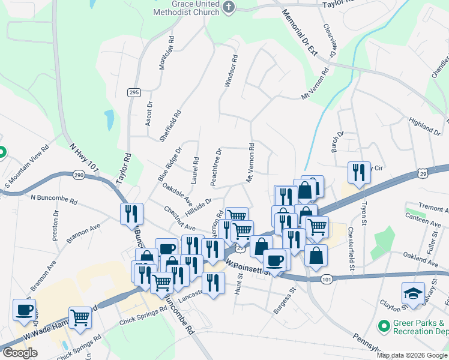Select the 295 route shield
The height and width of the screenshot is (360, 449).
pyautogui.click(x=134, y=92)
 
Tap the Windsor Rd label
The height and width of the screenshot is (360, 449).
pyautogui.click(x=231, y=72)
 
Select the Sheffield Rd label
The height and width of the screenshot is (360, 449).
pyautogui.click(x=170, y=125)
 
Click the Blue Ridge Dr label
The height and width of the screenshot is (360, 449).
pyautogui.click(x=169, y=165)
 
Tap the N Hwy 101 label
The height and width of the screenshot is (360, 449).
pyautogui.click(x=83, y=156)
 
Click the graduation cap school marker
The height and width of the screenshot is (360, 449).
pyautogui.click(x=412, y=293)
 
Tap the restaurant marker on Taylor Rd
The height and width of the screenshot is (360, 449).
pyautogui.click(x=130, y=214)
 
